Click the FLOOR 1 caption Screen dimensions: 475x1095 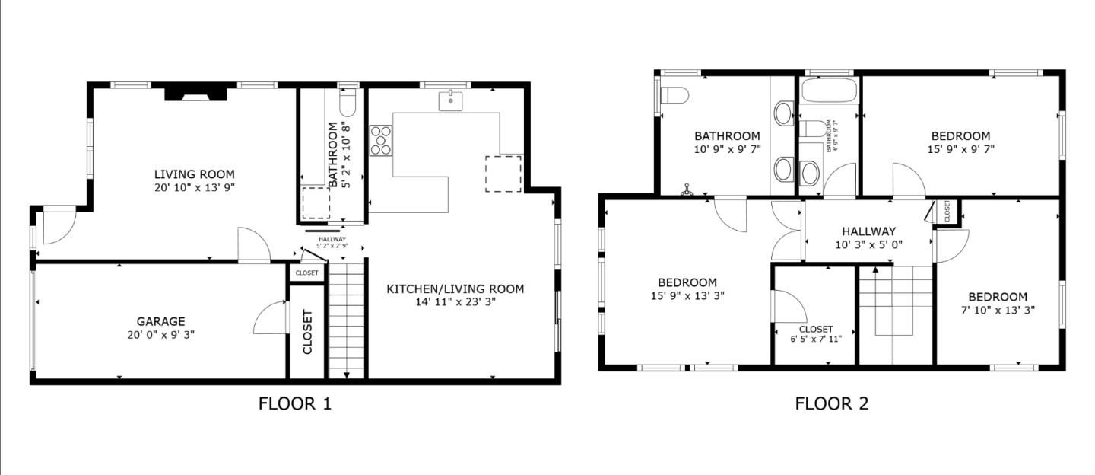pos(295,403)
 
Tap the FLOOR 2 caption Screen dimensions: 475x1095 pos(831,403)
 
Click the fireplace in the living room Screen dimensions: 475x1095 pos(195,94)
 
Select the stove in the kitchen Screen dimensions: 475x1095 pos(381,140)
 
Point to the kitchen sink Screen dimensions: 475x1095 pos(451,100)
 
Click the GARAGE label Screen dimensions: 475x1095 pos(160,321)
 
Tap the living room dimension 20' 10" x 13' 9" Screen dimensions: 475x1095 pos(195,187)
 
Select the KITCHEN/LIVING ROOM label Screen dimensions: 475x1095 pos(455,289)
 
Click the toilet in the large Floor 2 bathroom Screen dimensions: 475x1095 pos(674,95)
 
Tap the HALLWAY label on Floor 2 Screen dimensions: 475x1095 pos(868,231)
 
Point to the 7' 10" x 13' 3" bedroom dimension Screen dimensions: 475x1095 pos(998,310)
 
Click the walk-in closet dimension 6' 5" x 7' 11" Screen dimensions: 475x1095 pos(815,340)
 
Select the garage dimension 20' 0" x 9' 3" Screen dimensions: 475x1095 pos(160,334)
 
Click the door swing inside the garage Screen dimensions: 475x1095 pos(270,320)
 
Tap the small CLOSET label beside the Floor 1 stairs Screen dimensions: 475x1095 pos(306,273)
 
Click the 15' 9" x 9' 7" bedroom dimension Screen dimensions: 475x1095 pos(960,149)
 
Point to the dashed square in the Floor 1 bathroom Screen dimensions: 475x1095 pos(316,202)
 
